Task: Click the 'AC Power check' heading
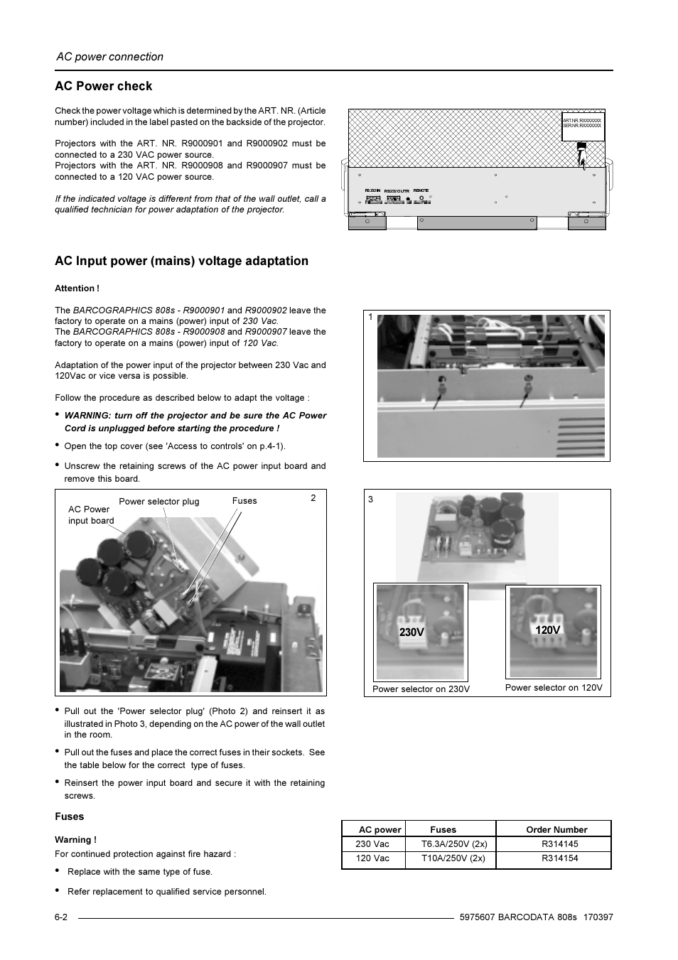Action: [104, 86]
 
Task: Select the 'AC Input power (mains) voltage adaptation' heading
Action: [181, 261]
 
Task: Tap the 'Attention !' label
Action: [77, 288]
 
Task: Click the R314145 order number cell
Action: [559, 844]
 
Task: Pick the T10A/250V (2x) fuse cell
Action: [453, 858]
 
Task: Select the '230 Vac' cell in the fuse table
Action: [372, 844]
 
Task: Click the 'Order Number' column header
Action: [556, 829]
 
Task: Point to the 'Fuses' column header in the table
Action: [443, 829]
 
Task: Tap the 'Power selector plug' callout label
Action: [158, 502]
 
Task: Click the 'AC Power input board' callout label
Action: [90, 515]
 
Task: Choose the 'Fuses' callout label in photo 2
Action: [244, 501]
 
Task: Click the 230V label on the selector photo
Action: [411, 632]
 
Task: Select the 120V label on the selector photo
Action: [547, 630]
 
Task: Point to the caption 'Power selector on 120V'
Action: [554, 688]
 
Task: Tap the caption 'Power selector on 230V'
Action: [421, 689]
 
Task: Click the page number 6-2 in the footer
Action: [61, 917]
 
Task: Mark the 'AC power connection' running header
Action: [109, 57]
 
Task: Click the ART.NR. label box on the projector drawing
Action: [583, 124]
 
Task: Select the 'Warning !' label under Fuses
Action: [75, 840]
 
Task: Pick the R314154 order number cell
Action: [559, 858]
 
